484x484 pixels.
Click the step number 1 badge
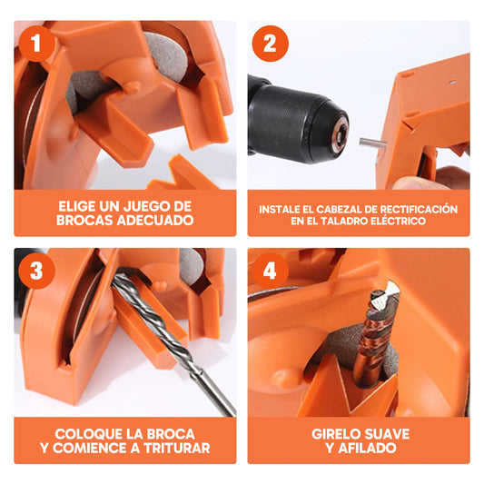point(35,43)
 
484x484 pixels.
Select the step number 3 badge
point(35,270)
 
